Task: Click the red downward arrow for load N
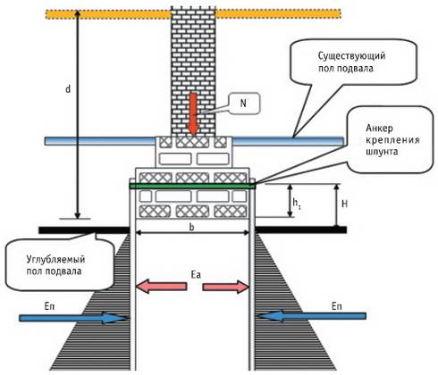[194, 114]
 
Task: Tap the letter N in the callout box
[243, 104]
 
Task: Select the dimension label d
[68, 88]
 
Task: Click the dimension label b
[192, 227]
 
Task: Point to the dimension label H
[345, 204]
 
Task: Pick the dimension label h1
[296, 204]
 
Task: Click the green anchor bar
[192, 187]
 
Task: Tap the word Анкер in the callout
[379, 128]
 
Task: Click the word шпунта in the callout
[382, 152]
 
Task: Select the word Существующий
[351, 56]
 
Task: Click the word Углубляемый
[55, 260]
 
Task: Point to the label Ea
[196, 275]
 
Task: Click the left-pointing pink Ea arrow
[161, 287]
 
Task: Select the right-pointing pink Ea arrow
[226, 287]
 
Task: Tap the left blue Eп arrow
[73, 318]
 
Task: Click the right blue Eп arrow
[312, 316]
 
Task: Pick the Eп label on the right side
[337, 306]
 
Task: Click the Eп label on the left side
[50, 306]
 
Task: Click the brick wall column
[193, 71]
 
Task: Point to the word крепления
[392, 140]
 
